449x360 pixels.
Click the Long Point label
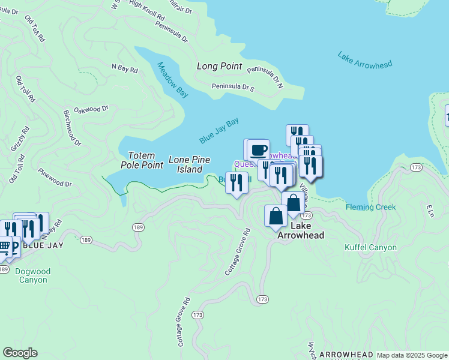219,66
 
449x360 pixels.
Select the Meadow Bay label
173,79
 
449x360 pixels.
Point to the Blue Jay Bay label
219,130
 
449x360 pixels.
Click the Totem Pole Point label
142,160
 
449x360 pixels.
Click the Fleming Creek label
370,207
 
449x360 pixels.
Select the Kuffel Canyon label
370,247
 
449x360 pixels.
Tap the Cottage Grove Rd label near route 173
237,251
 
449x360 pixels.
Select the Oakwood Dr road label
91,110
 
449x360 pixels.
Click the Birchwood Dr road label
71,127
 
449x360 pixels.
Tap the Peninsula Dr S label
233,88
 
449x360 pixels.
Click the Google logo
20,353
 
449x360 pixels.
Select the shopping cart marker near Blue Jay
4,246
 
